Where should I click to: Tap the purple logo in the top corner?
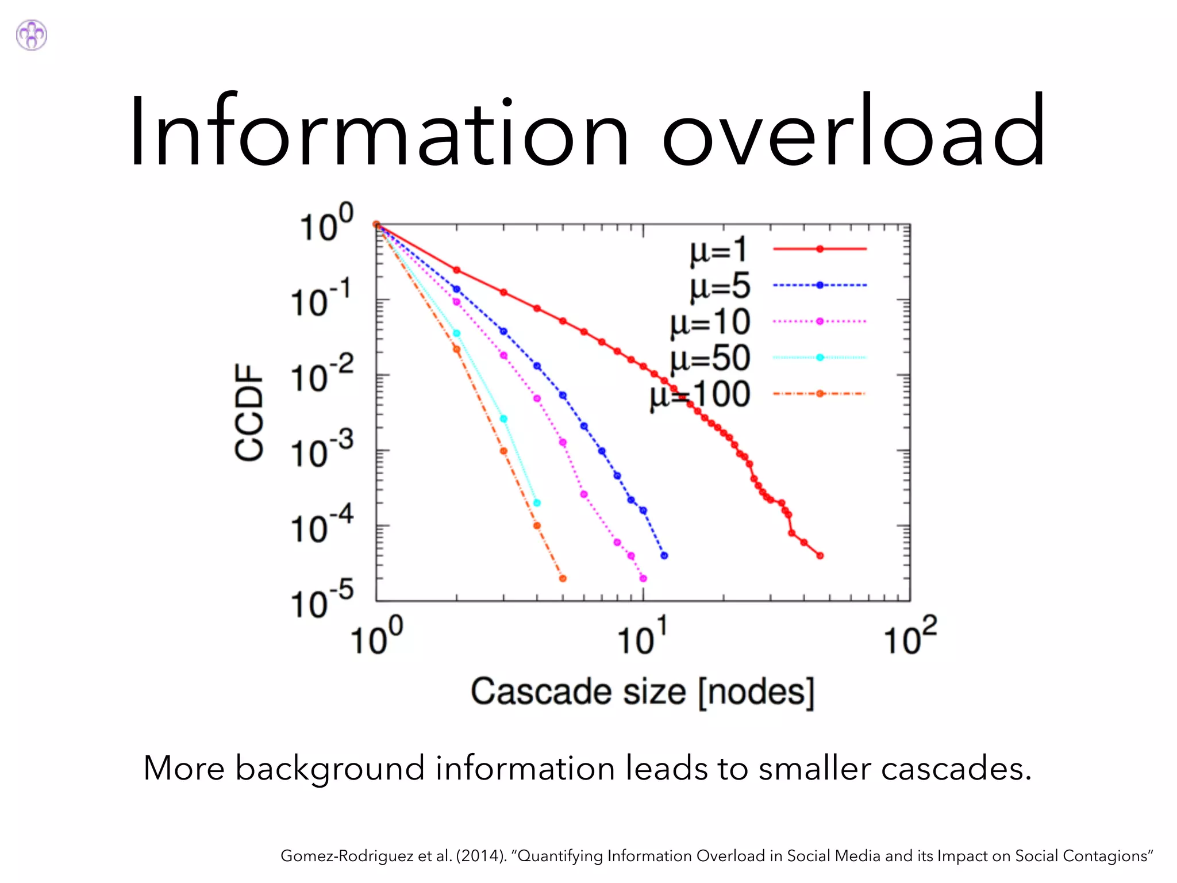tap(32, 35)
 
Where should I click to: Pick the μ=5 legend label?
tap(720, 286)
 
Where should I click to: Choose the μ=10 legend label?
tap(710, 323)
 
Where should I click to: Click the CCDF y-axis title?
tap(249, 412)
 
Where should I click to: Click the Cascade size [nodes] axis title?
tap(643, 692)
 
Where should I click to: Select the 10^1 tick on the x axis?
tap(642, 637)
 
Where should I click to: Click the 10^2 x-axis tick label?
tap(910, 637)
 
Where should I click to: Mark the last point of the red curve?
tap(820, 555)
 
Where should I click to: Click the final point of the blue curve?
tap(664, 555)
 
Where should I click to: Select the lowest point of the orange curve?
tap(563, 578)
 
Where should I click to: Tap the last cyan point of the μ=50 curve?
tap(537, 503)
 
